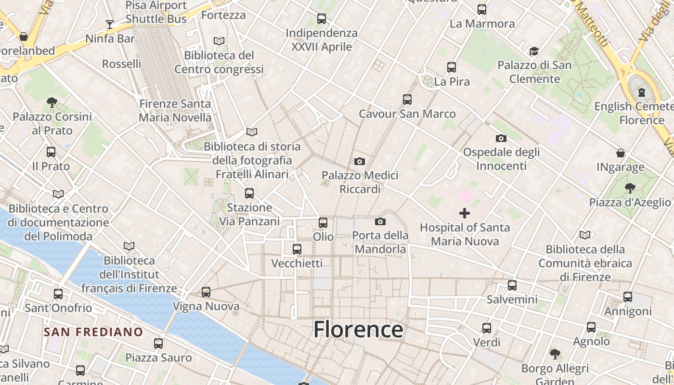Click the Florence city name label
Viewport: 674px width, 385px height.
(x=358, y=330)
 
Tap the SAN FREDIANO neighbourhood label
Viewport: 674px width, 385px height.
(x=93, y=332)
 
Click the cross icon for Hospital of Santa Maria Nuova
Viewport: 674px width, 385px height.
(x=465, y=213)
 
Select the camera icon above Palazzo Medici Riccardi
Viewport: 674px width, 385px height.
(x=359, y=161)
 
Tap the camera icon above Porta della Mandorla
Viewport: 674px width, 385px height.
(x=380, y=221)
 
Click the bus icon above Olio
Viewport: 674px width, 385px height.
(x=323, y=223)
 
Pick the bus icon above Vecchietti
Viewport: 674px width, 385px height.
(x=297, y=249)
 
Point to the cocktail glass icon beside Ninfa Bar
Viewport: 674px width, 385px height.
(x=110, y=25)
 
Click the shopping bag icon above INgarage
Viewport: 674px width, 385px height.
(x=621, y=153)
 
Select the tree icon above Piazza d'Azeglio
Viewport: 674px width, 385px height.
(x=630, y=188)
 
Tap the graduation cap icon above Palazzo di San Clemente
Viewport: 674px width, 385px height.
(x=534, y=51)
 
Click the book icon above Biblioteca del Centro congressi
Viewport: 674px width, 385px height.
(x=219, y=41)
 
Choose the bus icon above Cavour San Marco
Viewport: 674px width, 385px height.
(x=407, y=100)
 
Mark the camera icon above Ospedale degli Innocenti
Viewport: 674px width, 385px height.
(x=501, y=138)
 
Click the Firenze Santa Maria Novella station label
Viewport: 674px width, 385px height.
(x=175, y=110)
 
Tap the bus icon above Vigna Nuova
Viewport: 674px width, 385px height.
(x=206, y=292)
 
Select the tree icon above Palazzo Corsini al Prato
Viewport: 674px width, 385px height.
(x=52, y=102)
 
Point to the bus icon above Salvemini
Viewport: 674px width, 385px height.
(x=512, y=285)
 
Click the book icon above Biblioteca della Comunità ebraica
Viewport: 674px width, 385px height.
(x=585, y=235)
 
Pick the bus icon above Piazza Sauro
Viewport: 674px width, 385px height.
(x=158, y=344)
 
